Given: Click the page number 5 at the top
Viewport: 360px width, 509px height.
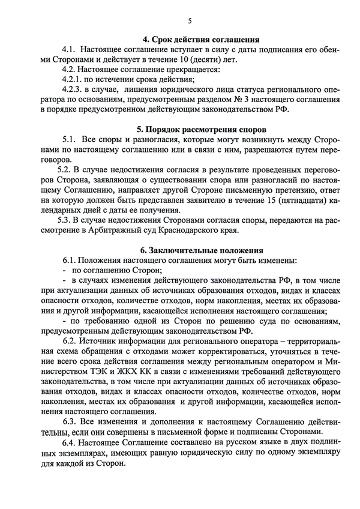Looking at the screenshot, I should pos(190,21).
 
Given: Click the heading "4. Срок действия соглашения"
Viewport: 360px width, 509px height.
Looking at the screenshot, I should pos(193,40).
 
